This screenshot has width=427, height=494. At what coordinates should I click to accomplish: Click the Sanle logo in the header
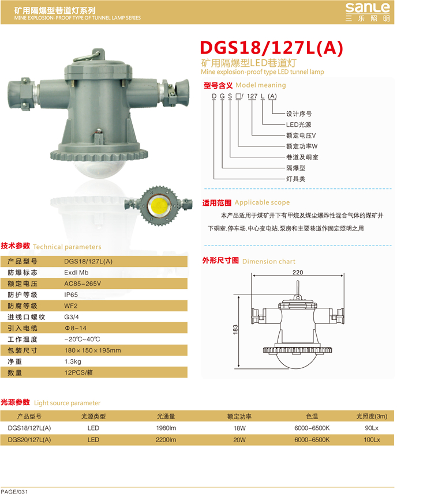(x=368, y=12)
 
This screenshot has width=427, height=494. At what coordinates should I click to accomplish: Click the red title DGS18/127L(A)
(x=272, y=48)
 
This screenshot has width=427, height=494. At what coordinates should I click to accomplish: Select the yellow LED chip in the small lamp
(x=159, y=206)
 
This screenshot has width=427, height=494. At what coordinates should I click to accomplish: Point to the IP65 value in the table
(x=71, y=295)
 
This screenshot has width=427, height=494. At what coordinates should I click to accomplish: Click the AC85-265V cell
(x=83, y=284)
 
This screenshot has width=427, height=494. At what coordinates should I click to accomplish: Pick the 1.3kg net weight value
(x=73, y=361)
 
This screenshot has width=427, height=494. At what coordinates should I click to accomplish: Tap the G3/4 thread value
(x=72, y=317)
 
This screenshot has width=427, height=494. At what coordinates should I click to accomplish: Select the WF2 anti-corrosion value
(x=70, y=306)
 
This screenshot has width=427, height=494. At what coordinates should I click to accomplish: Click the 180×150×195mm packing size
(x=93, y=350)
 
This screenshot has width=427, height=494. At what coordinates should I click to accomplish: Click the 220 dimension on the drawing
(x=298, y=272)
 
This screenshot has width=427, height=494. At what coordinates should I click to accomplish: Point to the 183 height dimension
(x=235, y=329)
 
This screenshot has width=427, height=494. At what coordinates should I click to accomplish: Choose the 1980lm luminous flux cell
(x=166, y=428)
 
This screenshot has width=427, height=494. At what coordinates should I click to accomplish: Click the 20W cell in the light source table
(x=239, y=440)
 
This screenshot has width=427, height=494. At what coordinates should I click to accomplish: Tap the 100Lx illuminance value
(x=372, y=440)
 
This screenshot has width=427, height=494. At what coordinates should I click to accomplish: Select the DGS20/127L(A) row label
(x=29, y=440)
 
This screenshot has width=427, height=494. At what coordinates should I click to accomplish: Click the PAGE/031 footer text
(x=14, y=492)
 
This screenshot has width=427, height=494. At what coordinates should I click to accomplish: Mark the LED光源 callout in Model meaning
(x=299, y=125)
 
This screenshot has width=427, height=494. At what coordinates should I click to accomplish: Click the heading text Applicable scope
(x=262, y=202)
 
